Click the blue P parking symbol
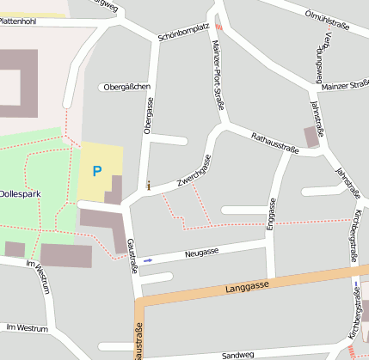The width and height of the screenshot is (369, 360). pyautogui.click(x=96, y=172)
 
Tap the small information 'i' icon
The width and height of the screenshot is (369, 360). pyautogui.click(x=149, y=185)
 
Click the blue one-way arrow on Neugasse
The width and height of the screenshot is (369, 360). pyautogui.click(x=148, y=259)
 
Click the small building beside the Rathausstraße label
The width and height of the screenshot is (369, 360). pyautogui.click(x=311, y=136)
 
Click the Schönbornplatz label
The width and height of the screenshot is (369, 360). pyautogui.click(x=183, y=33)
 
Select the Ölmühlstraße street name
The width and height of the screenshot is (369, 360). pyautogui.click(x=328, y=20)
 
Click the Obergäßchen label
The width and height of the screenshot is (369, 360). pyautogui.click(x=126, y=87)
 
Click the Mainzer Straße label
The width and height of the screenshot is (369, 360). pyautogui.click(x=344, y=86)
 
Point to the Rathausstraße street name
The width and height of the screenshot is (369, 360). pyautogui.click(x=274, y=143)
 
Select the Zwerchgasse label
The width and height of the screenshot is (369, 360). pyautogui.click(x=194, y=171)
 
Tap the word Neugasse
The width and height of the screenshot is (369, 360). pyautogui.click(x=201, y=253)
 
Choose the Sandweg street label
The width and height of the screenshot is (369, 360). pyautogui.click(x=238, y=354)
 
